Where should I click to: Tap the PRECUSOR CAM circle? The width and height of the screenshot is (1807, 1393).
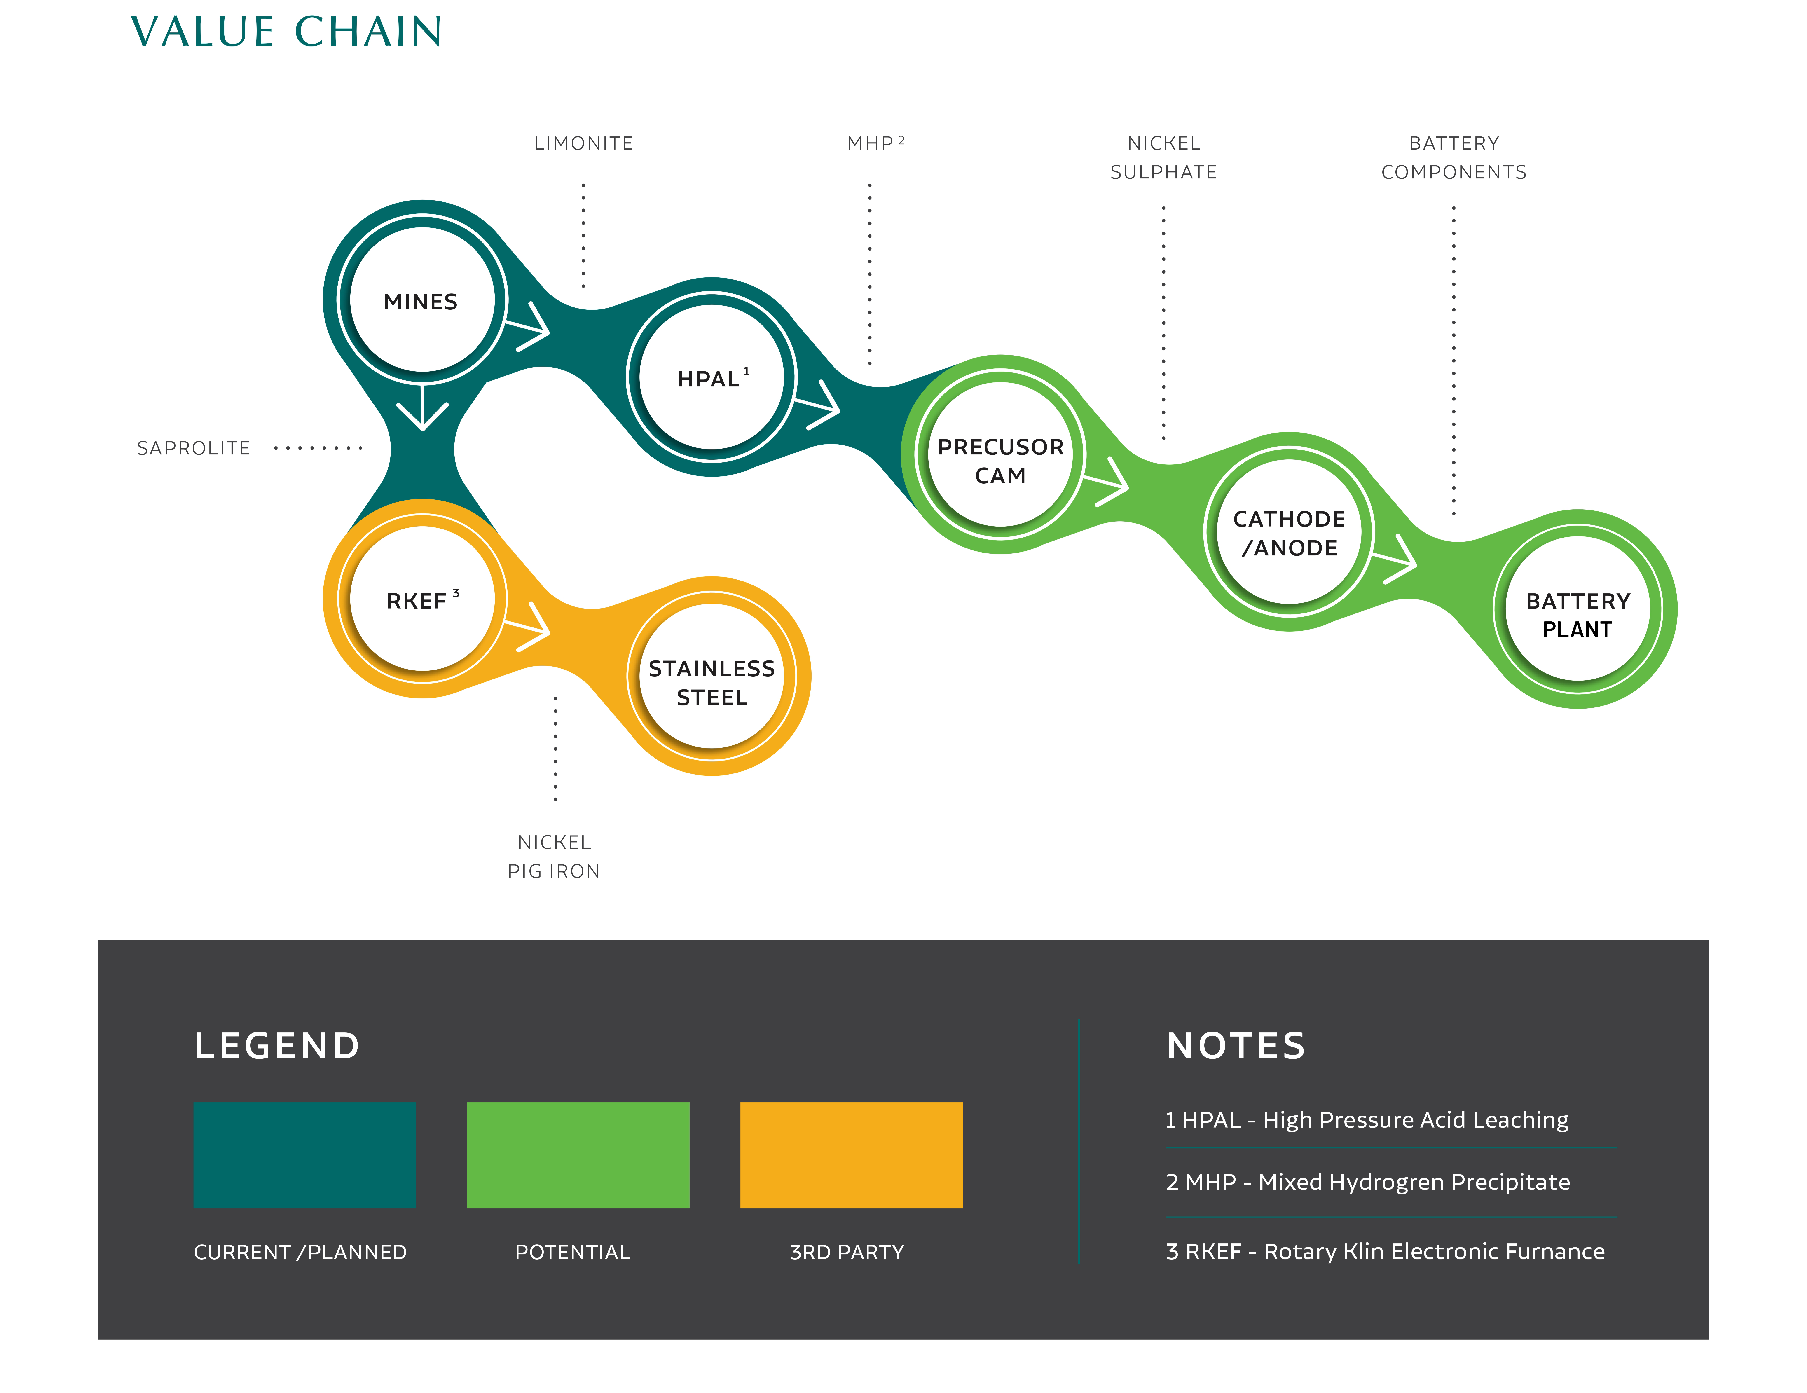point(1000,454)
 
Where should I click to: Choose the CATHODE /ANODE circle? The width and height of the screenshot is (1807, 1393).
point(1289,532)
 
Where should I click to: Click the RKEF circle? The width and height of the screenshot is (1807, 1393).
point(422,599)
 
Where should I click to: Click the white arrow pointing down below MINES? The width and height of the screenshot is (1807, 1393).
point(423,407)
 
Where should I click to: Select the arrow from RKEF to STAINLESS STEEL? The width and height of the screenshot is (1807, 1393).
point(527,627)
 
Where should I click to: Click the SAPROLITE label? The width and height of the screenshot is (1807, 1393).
point(194,448)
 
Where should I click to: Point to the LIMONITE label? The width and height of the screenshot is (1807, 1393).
point(583,143)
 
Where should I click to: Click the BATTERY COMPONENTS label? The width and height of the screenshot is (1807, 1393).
point(1454,157)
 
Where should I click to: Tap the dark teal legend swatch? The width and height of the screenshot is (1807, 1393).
point(304,1155)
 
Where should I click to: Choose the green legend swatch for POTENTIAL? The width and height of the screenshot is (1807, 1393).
point(578,1155)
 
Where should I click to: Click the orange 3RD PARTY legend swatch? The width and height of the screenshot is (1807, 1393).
point(851,1155)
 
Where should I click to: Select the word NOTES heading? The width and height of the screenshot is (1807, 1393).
point(1236,1046)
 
